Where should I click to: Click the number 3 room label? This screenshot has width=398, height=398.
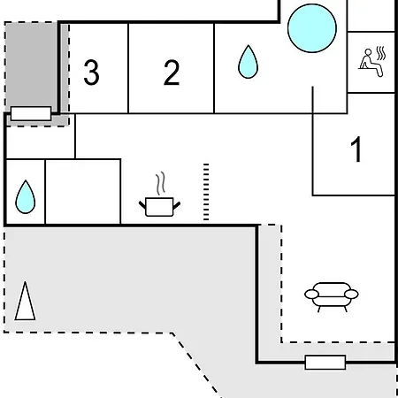pyautogui.click(x=91, y=73)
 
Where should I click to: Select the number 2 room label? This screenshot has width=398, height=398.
pyautogui.click(x=172, y=73)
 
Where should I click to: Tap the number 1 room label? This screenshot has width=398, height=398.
pyautogui.click(x=356, y=149)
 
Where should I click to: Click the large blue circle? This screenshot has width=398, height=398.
pyautogui.click(x=312, y=28)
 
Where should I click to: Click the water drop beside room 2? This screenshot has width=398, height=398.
pyautogui.click(x=248, y=62)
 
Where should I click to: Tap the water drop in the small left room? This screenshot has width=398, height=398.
pyautogui.click(x=25, y=197)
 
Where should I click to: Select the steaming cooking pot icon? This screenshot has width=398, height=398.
pyautogui.click(x=159, y=195)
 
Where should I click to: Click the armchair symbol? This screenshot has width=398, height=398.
pyautogui.click(x=332, y=297)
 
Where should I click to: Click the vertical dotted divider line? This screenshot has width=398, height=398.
pyautogui.click(x=206, y=192)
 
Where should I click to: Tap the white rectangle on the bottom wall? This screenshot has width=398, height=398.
pyautogui.click(x=325, y=363)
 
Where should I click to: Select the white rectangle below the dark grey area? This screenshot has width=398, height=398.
pyautogui.click(x=31, y=113)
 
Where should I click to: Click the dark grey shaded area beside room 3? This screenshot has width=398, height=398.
pyautogui.click(x=31, y=65)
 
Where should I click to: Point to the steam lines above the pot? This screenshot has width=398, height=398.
pyautogui.click(x=160, y=183)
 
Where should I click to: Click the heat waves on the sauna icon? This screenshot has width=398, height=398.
pyautogui.click(x=381, y=53)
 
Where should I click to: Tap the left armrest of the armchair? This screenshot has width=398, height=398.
pyautogui.click(x=311, y=295)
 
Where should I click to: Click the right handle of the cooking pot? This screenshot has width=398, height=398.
pyautogui.click(x=177, y=205)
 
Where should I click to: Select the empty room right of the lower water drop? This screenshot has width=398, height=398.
pyautogui.click(x=83, y=192)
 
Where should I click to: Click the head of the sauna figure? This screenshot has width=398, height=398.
pyautogui.click(x=368, y=52)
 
